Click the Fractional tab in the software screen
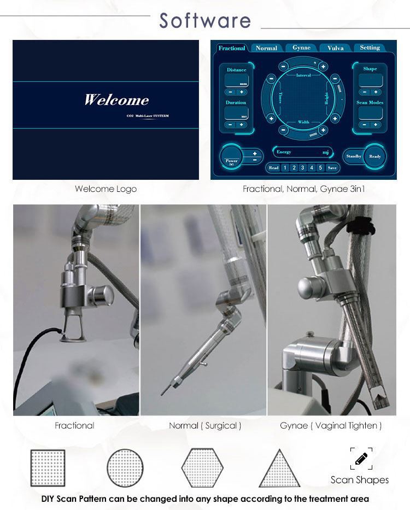coord(232,48)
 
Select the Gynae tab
coord(301,48)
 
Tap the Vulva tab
coord(335,48)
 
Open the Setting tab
coord(370,48)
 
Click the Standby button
coord(354,156)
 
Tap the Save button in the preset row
coord(332,168)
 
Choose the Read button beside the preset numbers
coord(273,168)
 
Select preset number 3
coord(302,168)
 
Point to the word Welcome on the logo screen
coord(116,100)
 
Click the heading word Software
coord(205,21)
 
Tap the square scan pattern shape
coord(48,468)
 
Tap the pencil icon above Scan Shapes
coord(361,459)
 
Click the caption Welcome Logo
coord(106,189)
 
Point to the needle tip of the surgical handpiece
coord(162,392)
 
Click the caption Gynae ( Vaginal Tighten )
coord(331,425)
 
